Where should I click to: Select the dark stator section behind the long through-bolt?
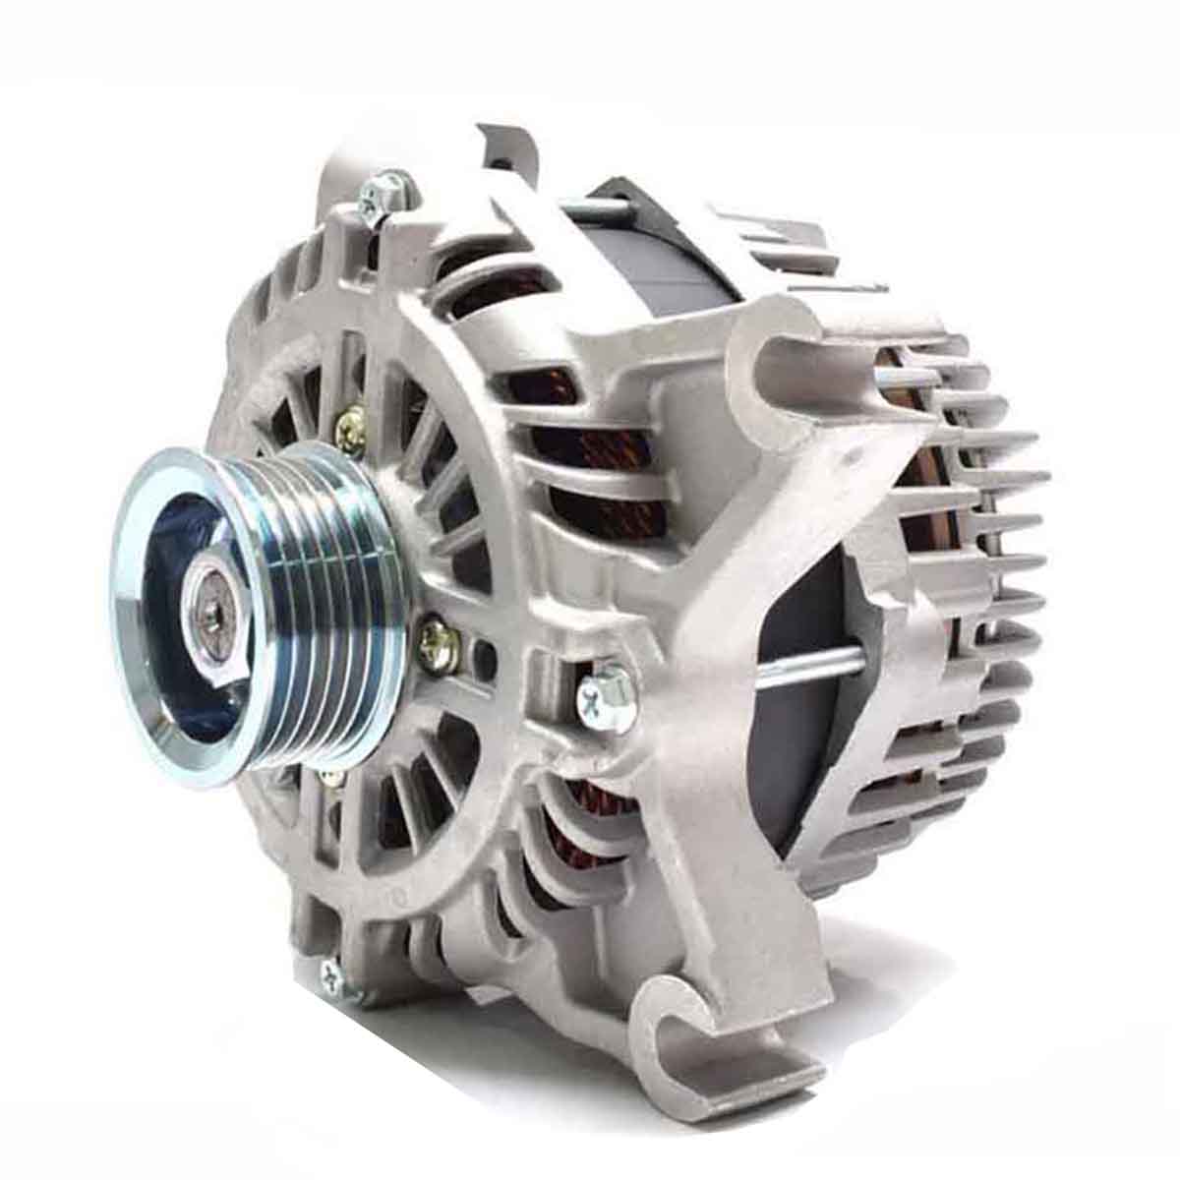click(806, 747)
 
